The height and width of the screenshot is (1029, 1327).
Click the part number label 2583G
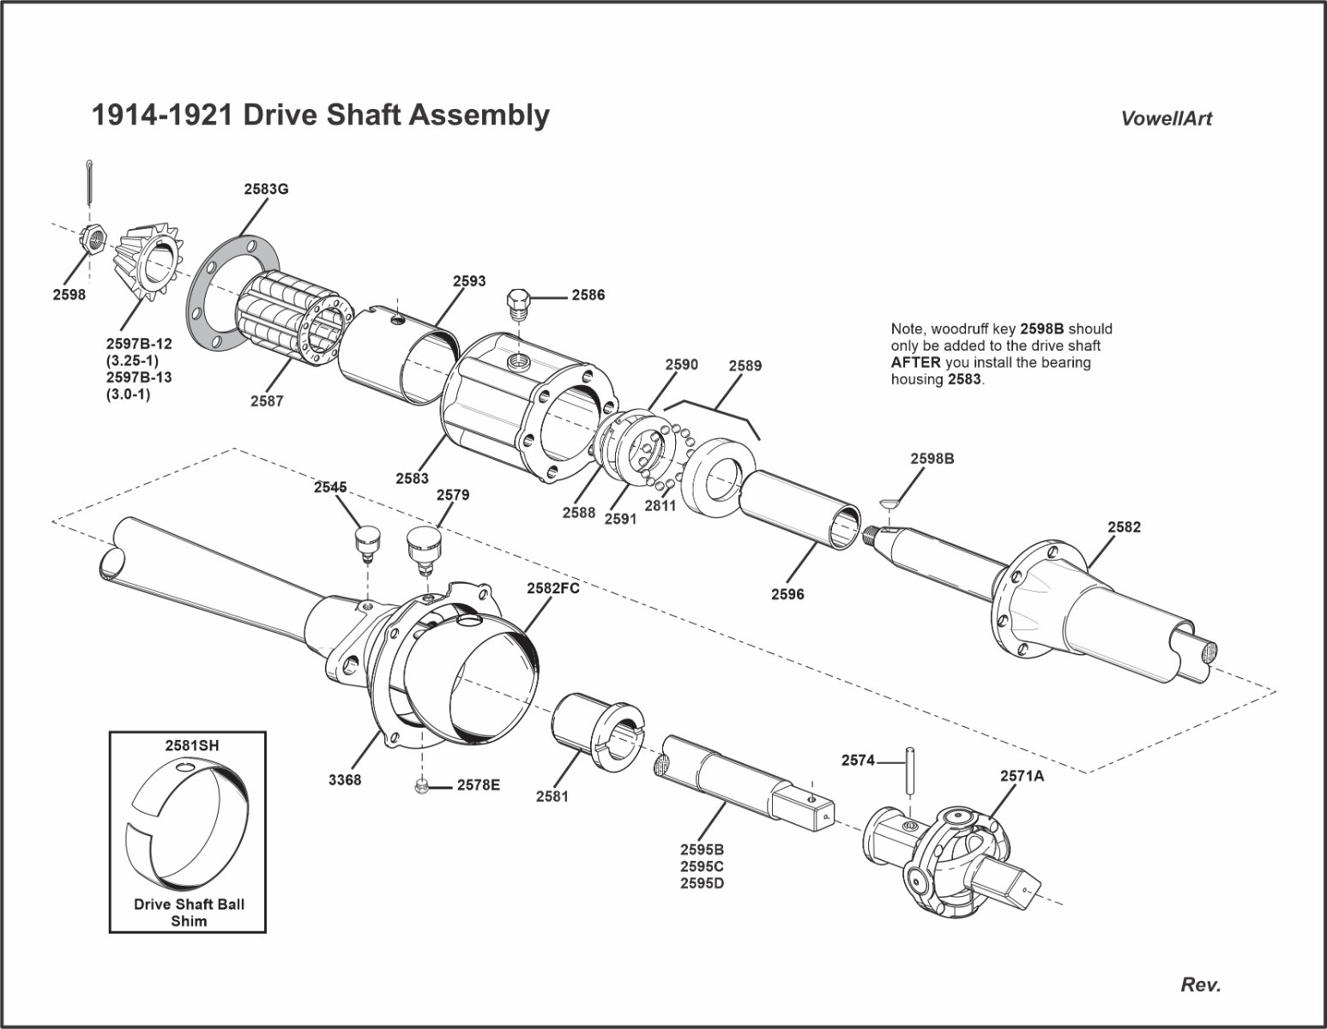click(x=266, y=190)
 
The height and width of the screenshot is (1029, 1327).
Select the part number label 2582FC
click(x=553, y=589)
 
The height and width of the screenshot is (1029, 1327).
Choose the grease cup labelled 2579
click(x=421, y=546)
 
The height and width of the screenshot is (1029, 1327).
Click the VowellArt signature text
click(x=1167, y=119)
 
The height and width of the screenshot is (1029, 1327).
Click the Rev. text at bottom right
click(x=1200, y=984)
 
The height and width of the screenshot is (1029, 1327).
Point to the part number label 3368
click(x=345, y=780)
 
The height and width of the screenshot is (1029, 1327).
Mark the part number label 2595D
click(x=702, y=882)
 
